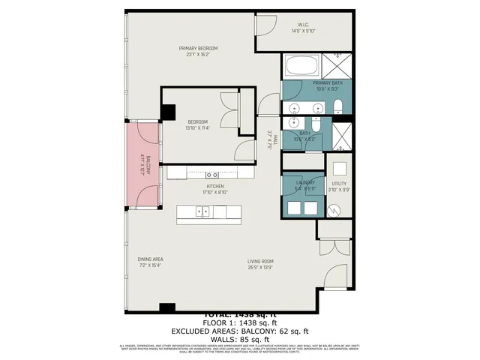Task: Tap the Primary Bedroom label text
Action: coord(199,52)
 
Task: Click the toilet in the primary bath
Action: coord(337,105)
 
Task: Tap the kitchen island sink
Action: coord(202,212)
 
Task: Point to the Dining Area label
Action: coord(150,262)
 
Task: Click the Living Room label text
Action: coord(260,263)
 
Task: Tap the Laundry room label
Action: coord(304,185)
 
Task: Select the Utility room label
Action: coord(339,186)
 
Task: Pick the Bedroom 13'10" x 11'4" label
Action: coord(197,124)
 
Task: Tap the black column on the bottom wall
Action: coord(167,307)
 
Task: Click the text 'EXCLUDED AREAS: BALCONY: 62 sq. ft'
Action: coord(240,330)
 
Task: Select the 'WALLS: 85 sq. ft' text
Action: coord(240,338)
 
